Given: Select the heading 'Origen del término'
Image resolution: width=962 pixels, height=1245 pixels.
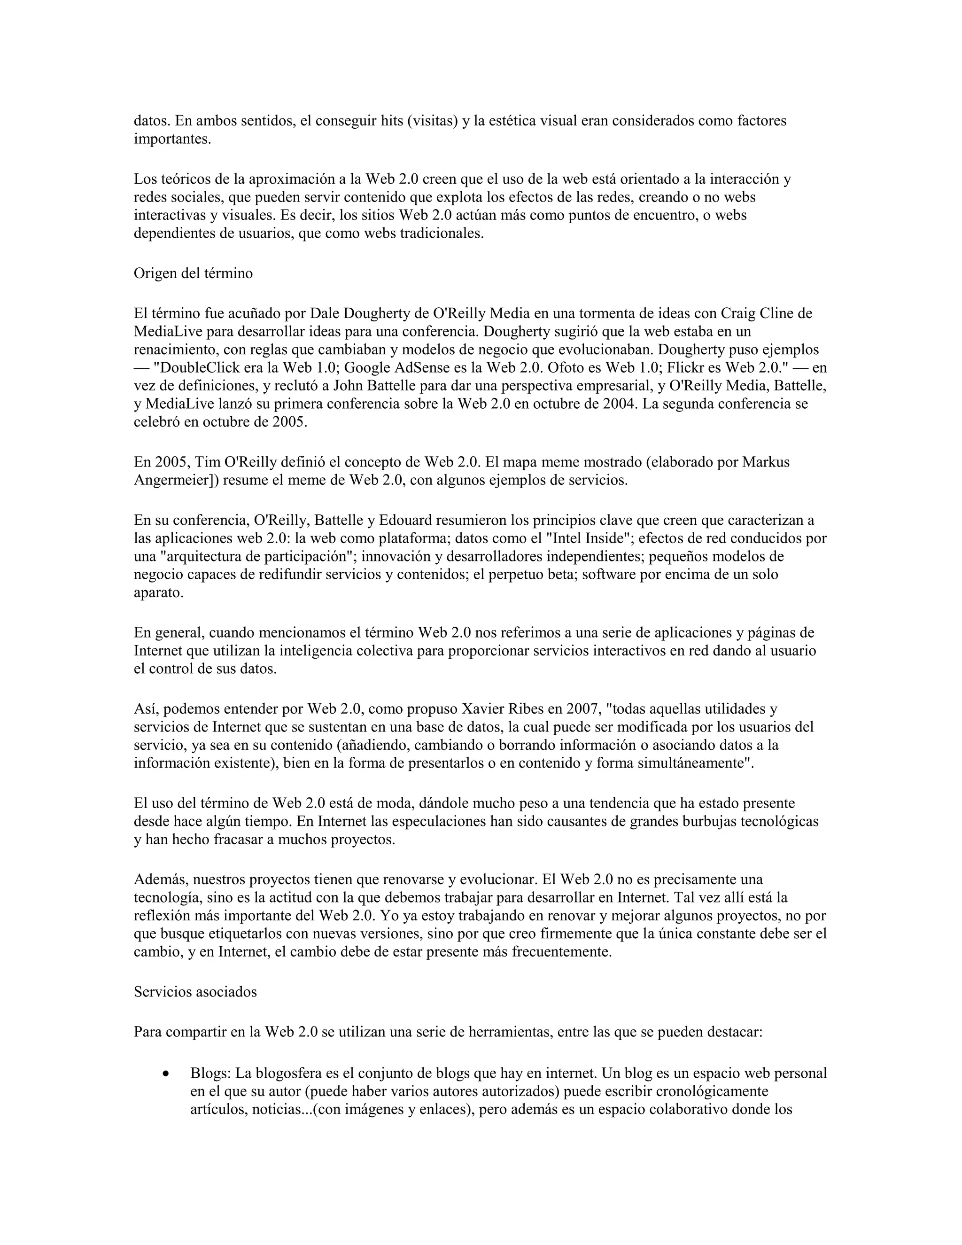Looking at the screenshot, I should [x=193, y=273].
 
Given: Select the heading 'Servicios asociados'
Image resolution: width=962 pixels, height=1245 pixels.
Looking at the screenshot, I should [x=195, y=992].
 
